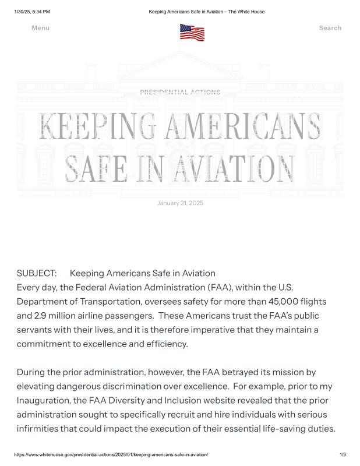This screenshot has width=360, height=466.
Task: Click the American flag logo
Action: (192, 32)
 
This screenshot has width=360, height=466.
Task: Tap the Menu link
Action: (40, 28)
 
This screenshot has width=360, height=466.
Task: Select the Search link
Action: (330, 28)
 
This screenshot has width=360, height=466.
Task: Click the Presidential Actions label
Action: (180, 92)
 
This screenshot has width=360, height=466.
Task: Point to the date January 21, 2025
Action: (180, 203)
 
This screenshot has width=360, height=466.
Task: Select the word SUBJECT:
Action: (37, 273)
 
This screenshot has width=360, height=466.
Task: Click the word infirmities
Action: (40, 428)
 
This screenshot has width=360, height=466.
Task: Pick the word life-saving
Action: (276, 428)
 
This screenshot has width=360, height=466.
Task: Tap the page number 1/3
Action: (343, 454)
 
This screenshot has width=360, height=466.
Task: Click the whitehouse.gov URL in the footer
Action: (111, 454)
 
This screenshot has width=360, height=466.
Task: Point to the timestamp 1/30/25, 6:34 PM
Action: (32, 12)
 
